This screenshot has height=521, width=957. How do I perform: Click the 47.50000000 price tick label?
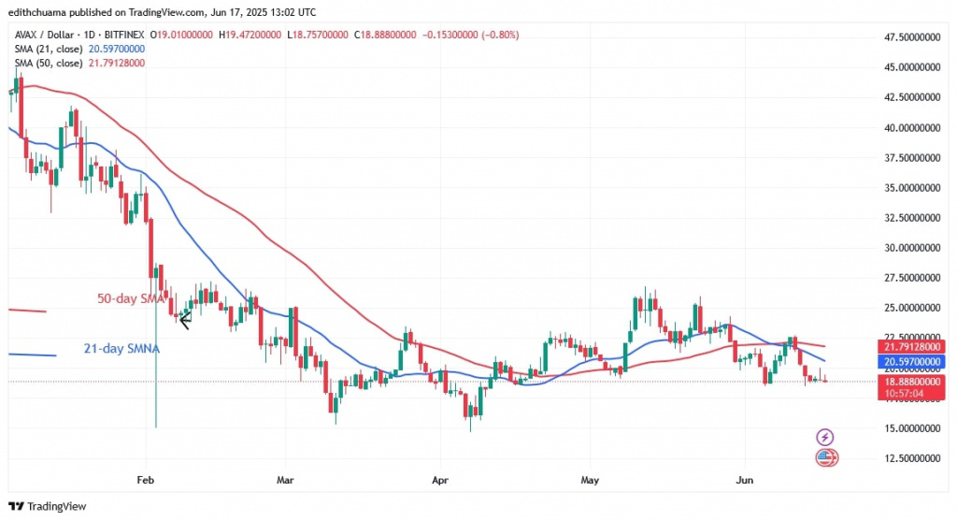(x=912, y=37)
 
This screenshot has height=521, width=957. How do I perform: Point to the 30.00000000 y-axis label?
(x=912, y=248)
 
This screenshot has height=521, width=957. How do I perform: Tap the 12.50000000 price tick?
(x=912, y=458)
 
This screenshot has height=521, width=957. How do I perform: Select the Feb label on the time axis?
(x=144, y=479)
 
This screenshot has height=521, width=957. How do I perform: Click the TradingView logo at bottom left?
(x=49, y=506)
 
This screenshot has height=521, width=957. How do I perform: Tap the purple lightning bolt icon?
(x=825, y=437)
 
